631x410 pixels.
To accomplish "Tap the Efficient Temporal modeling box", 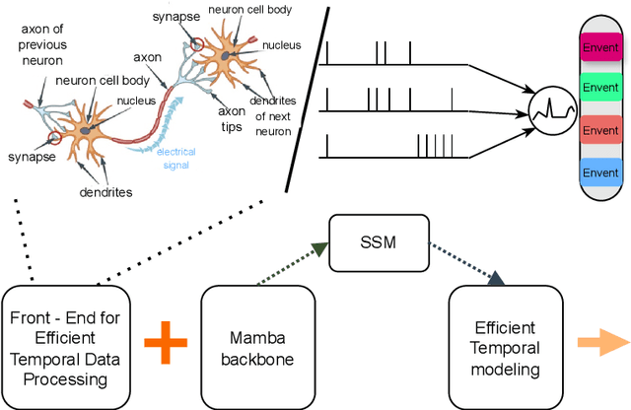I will point(504,347).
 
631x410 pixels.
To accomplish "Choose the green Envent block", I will point(600,88).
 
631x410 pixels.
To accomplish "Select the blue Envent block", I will point(600,172).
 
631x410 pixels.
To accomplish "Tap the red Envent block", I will point(600,130).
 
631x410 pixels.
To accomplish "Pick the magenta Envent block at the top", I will point(600,45).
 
